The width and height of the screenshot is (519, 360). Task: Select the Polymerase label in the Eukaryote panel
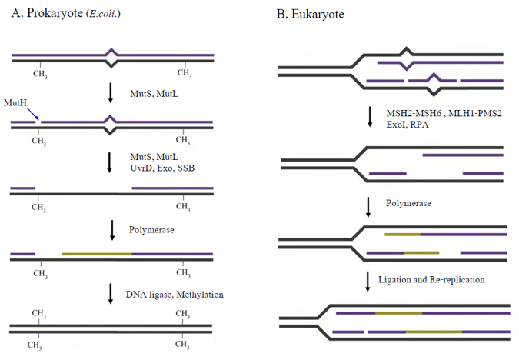[410, 204]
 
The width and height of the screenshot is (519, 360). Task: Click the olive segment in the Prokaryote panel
[97, 253]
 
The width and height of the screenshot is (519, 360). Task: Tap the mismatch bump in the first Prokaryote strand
[112, 55]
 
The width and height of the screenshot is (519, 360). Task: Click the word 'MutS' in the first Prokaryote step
[140, 92]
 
